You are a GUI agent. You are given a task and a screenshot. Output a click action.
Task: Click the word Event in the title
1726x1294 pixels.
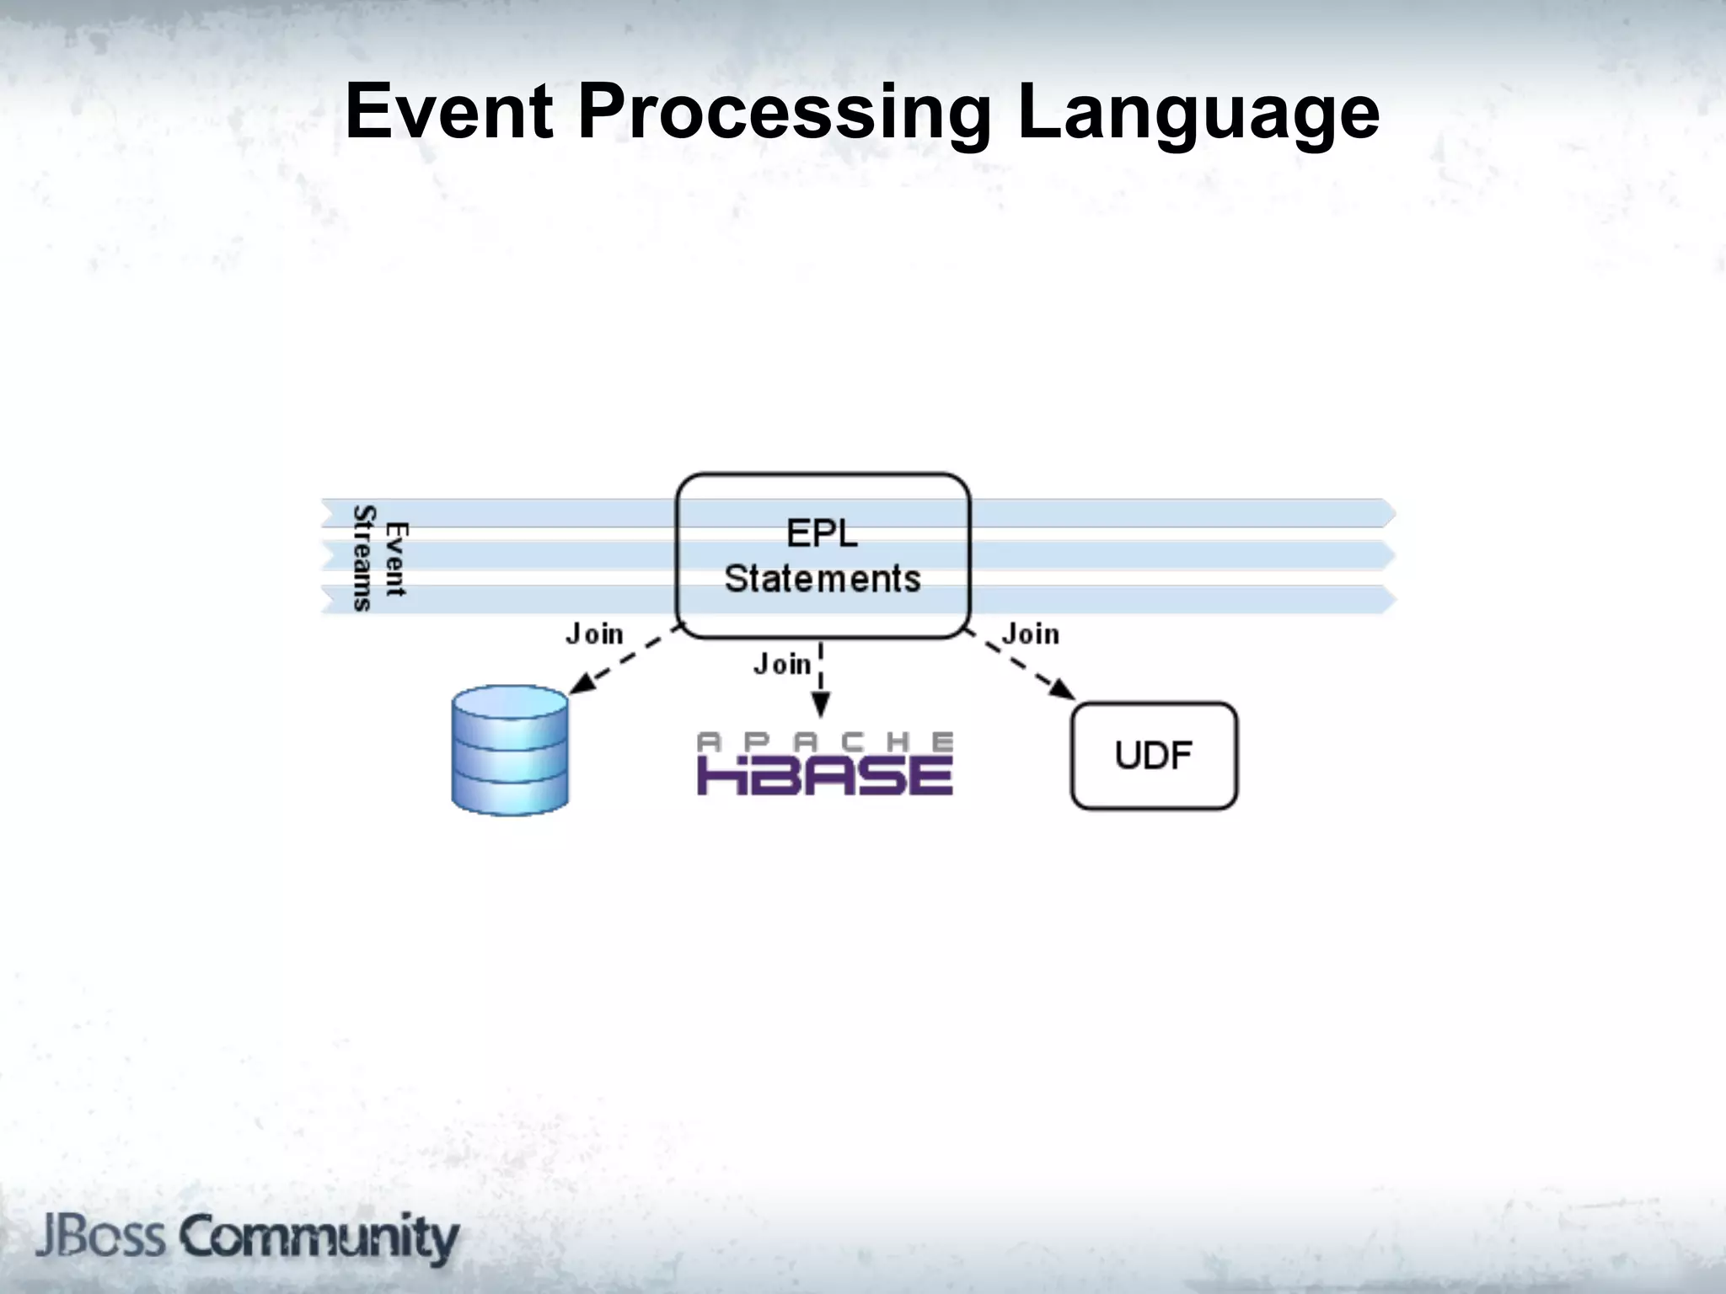[449, 112]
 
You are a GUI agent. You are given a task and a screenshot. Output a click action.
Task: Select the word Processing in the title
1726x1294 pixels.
[784, 114]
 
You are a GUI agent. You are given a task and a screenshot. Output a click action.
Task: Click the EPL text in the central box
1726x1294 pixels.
[822, 533]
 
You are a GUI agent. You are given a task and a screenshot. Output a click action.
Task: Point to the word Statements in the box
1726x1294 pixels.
[823, 579]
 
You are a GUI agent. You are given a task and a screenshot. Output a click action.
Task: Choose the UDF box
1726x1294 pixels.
[1154, 756]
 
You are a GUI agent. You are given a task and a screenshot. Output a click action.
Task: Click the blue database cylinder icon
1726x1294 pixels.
[510, 750]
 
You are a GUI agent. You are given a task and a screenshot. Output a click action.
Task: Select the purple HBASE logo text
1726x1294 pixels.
[824, 775]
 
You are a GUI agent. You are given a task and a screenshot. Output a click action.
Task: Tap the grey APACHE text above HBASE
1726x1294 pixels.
[824, 741]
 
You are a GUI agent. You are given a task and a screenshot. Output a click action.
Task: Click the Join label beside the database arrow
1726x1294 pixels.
[595, 634]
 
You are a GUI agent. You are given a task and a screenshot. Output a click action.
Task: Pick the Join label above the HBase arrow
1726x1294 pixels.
[782, 665]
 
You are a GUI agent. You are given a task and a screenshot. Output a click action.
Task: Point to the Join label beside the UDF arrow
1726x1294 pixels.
[1031, 634]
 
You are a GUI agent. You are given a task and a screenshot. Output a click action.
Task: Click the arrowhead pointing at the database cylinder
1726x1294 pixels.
[581, 684]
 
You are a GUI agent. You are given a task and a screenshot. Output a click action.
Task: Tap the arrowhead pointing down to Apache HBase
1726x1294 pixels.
[821, 704]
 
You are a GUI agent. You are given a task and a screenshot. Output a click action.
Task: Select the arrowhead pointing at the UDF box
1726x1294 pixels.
[1064, 690]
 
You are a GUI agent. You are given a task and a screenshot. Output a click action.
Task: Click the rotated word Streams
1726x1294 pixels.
[363, 558]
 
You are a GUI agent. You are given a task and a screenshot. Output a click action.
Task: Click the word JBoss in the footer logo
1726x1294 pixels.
[100, 1237]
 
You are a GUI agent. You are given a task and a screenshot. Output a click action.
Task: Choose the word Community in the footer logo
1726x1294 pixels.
[319, 1238]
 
